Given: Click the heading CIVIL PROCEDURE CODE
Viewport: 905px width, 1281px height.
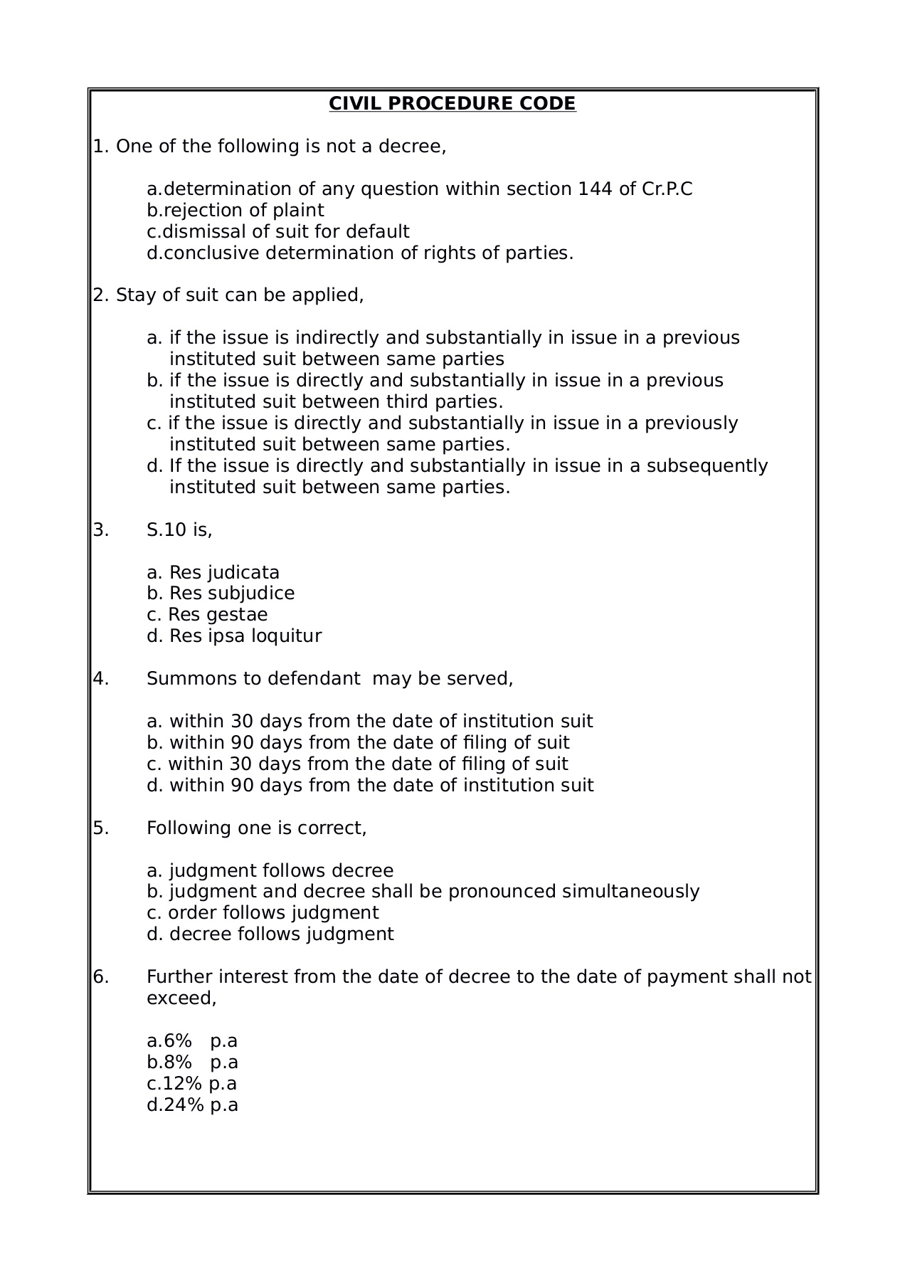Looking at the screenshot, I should pos(452,104).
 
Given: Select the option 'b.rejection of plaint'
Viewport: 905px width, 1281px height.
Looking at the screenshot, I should pos(235,211).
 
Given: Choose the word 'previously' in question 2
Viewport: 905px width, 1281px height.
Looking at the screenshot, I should pos(692,423).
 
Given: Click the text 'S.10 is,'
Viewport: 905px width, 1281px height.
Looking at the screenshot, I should pos(179,530).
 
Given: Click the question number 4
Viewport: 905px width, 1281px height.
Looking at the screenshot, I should pos(100,679).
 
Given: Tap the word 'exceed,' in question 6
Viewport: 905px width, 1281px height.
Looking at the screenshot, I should pos(181,998).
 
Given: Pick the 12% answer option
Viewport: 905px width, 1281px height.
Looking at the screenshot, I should pos(192,1084).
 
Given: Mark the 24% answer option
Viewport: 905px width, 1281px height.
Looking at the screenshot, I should pos(192,1105).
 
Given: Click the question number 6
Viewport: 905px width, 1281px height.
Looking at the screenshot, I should pos(100,977).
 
